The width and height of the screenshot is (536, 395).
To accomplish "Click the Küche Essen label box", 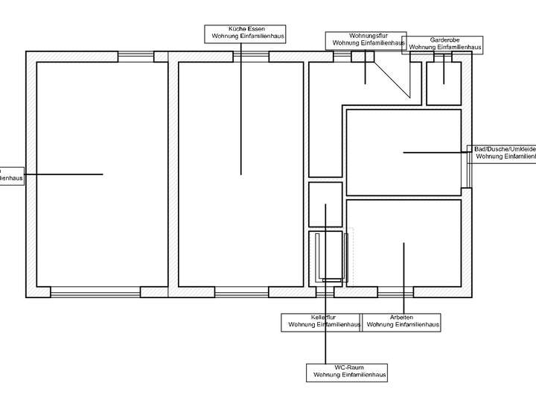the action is click(245, 32).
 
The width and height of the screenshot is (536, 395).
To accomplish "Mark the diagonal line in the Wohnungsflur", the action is click(392, 79).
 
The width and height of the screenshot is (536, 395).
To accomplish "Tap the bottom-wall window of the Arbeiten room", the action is click(396, 292).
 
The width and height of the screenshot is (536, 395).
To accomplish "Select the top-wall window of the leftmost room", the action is click(136, 56).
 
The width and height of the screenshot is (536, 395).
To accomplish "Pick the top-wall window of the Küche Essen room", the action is click(251, 56).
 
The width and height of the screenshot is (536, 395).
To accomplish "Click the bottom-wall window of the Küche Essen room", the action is click(242, 292).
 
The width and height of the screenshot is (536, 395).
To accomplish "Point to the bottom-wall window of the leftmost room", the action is click(95, 292).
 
